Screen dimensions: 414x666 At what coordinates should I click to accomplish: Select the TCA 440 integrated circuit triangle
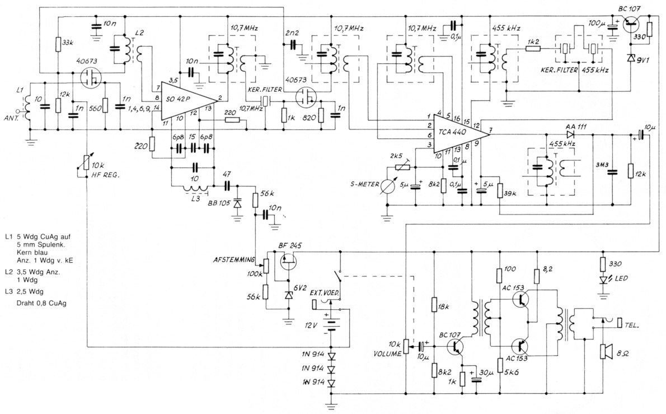[457, 134]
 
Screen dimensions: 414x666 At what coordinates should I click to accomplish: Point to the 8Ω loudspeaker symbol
[605, 351]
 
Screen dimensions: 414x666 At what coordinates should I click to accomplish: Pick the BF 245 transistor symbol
[287, 261]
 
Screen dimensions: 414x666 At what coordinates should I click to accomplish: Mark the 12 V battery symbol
[331, 324]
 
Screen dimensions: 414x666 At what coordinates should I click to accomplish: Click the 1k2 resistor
[533, 49]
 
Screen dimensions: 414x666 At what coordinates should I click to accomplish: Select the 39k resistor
[499, 191]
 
